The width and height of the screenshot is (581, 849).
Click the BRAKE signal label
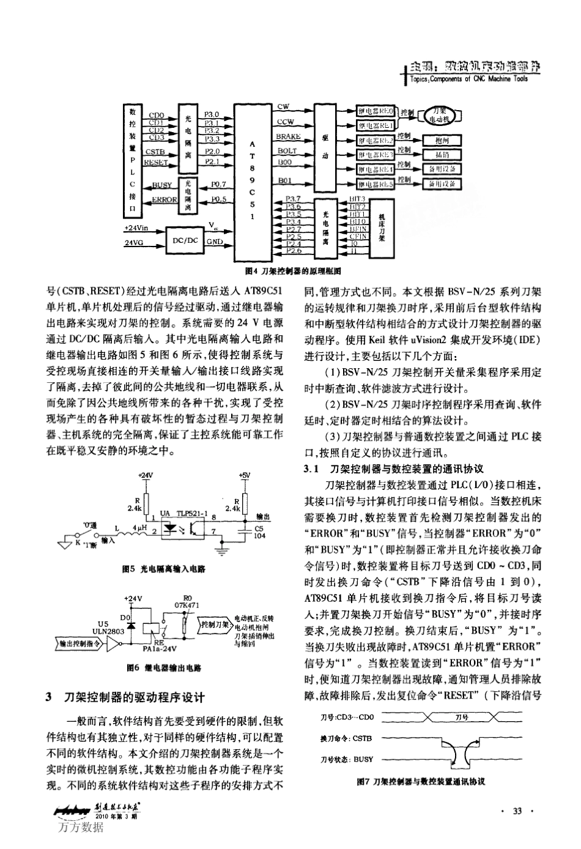287,137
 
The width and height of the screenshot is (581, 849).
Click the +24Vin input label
136,228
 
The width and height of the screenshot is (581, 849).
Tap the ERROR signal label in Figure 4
163,199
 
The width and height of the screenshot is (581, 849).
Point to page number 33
517,812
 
